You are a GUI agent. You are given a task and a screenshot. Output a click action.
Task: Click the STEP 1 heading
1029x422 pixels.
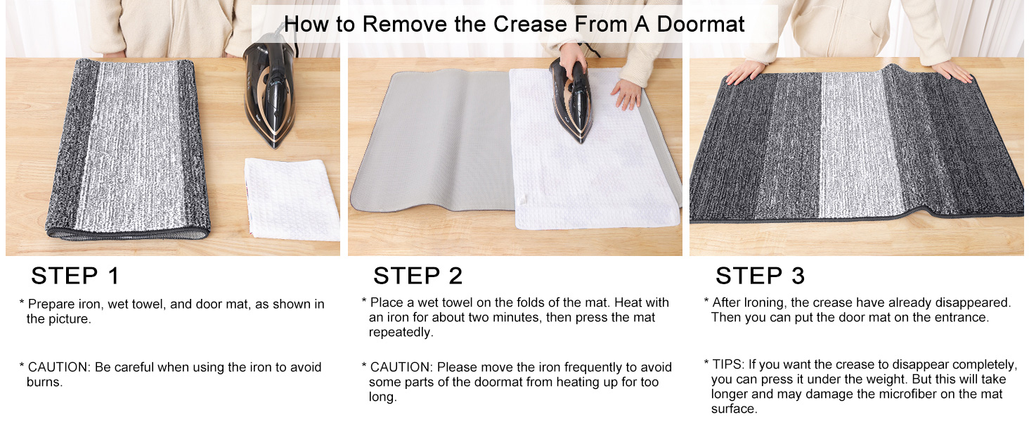coord(75,276)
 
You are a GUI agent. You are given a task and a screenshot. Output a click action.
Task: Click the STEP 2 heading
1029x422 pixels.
coord(418,276)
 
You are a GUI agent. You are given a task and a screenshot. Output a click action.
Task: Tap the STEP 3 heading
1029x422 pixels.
coord(760,276)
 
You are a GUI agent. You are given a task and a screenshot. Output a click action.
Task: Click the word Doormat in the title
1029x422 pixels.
coord(700,24)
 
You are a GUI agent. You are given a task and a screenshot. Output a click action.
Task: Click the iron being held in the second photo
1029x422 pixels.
coord(570,98)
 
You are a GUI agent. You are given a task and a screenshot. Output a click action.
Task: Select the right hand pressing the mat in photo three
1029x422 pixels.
coord(952,70)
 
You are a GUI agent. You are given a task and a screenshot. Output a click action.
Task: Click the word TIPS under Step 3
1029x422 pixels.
coord(727,364)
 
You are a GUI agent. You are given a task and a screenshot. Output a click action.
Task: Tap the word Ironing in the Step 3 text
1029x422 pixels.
coord(762,302)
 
